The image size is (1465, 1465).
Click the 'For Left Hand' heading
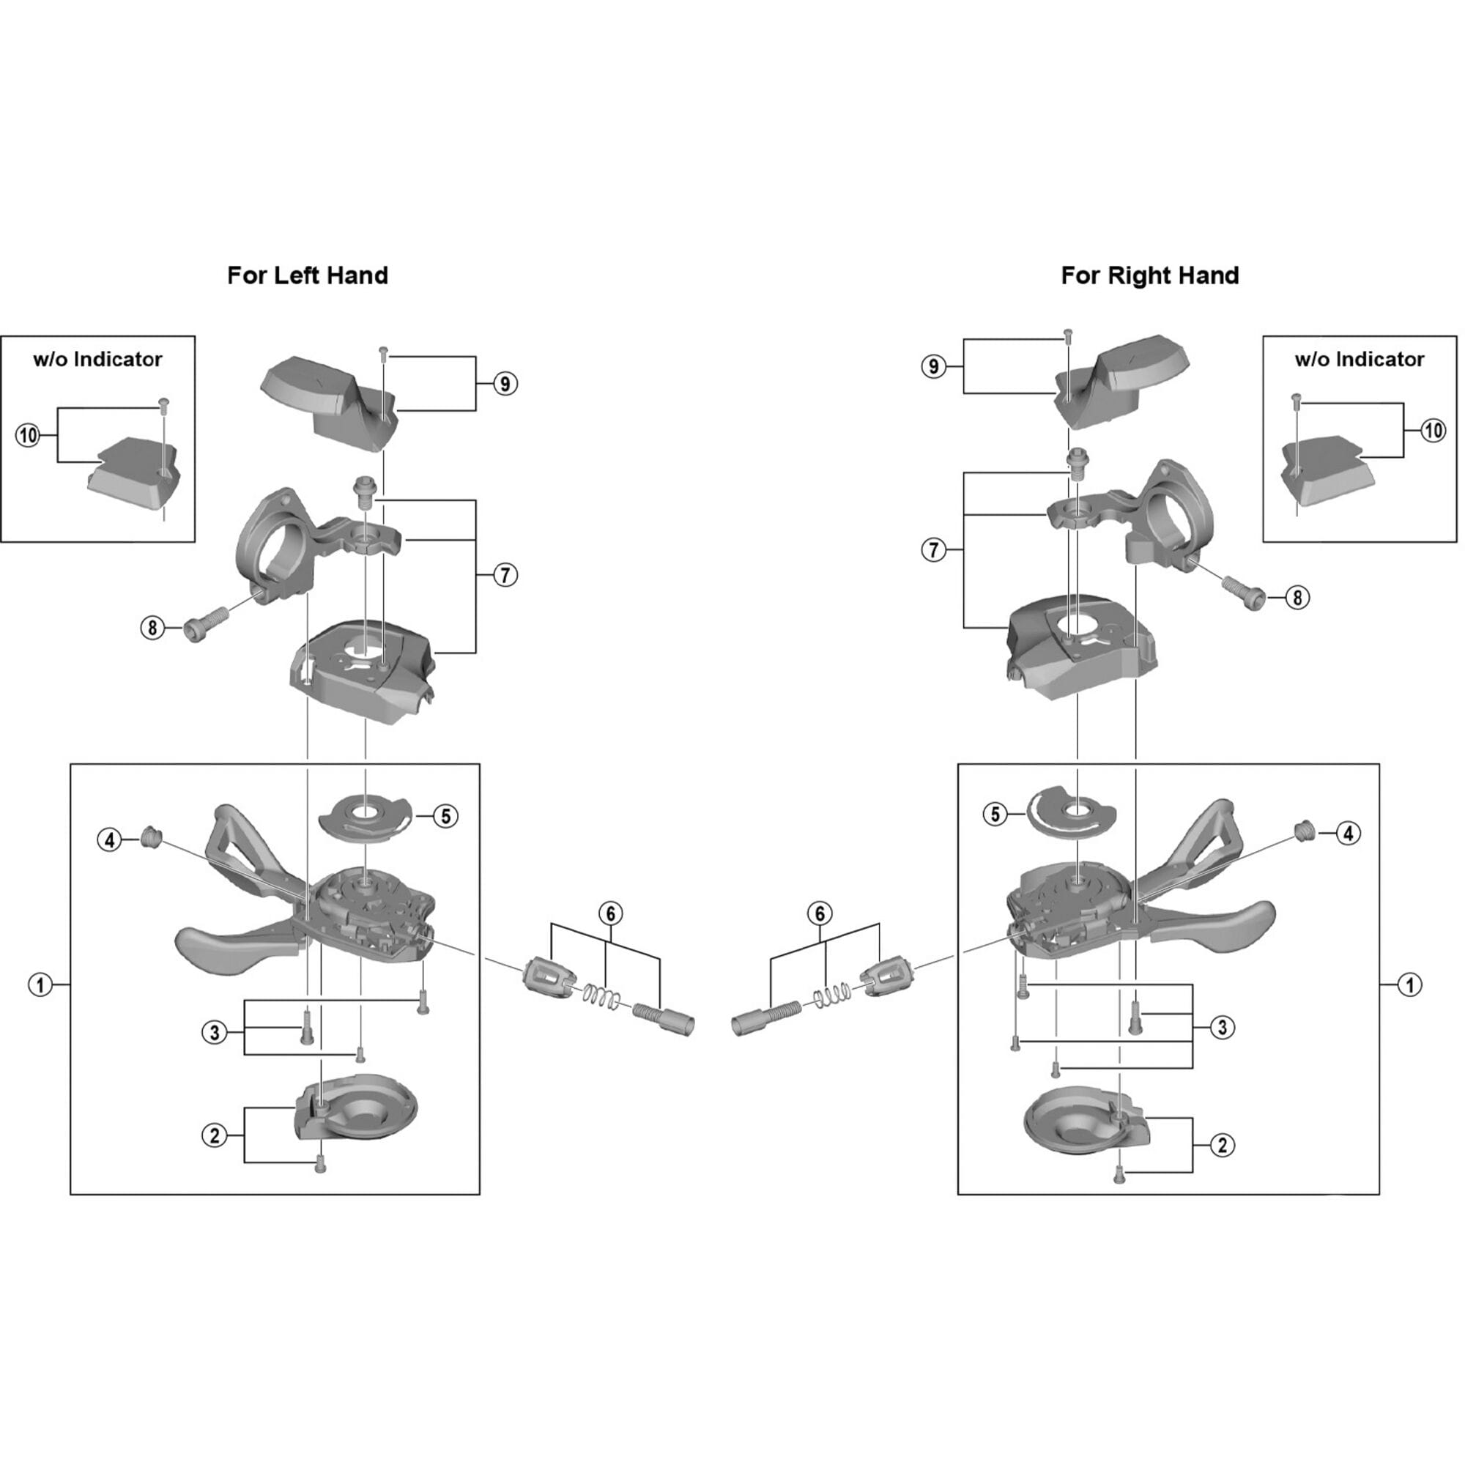(x=307, y=275)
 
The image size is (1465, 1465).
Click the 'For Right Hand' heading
(x=1149, y=275)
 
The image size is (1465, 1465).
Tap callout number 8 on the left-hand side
(x=152, y=627)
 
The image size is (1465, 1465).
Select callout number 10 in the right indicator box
(x=1432, y=431)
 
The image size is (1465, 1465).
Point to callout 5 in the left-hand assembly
(x=445, y=816)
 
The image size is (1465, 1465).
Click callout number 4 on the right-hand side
(x=1348, y=834)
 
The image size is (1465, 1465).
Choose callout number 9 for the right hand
(x=933, y=367)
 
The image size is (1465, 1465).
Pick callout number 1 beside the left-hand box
(x=40, y=985)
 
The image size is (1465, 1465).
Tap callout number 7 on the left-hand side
(x=505, y=576)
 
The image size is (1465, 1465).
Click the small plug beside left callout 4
(x=151, y=837)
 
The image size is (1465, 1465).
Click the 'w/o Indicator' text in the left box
(x=98, y=359)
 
